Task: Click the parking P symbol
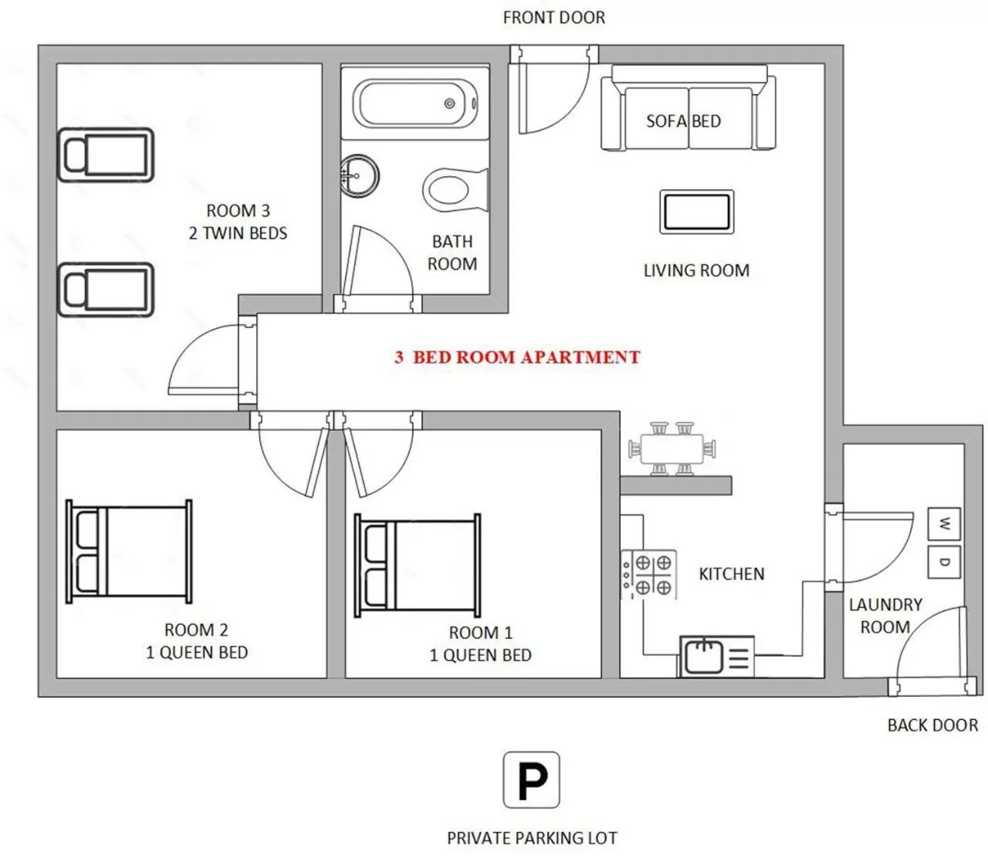point(531,780)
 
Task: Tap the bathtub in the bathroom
point(415,104)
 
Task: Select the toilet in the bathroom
point(452,188)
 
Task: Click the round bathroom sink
point(359,176)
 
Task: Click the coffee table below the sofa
point(696,212)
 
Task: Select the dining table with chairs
point(672,449)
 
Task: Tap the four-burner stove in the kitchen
point(649,575)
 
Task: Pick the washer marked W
point(944,525)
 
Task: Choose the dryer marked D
point(944,562)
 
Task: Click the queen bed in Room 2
point(129,551)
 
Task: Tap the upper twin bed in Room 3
point(106,155)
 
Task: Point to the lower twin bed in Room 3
point(106,290)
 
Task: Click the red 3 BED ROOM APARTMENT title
point(517,358)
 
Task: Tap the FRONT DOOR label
point(553,17)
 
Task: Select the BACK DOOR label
point(932,725)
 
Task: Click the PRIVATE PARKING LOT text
point(532,838)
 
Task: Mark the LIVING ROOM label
point(696,271)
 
